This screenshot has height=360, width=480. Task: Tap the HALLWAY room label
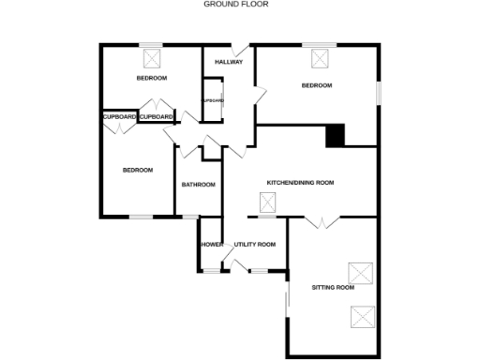pyautogui.click(x=229, y=63)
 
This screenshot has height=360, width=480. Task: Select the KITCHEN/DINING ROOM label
pyautogui.click(x=300, y=183)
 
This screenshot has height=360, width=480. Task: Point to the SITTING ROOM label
pyautogui.click(x=333, y=287)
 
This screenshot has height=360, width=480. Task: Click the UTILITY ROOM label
pyautogui.click(x=255, y=245)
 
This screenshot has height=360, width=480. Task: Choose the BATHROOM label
pyautogui.click(x=199, y=185)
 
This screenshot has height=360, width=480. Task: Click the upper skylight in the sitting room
pyautogui.click(x=360, y=273)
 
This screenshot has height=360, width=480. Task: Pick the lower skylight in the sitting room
pyautogui.click(x=362, y=316)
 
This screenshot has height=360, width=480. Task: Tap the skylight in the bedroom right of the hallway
pyautogui.click(x=322, y=59)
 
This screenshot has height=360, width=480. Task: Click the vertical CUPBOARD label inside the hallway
pyautogui.click(x=213, y=100)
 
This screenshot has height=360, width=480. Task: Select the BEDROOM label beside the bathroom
pyautogui.click(x=139, y=171)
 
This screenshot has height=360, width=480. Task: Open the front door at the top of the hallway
pyautogui.click(x=241, y=49)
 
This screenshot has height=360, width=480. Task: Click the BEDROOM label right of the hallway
pyautogui.click(x=317, y=86)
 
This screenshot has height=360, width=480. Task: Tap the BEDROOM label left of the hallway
pyautogui.click(x=152, y=78)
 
